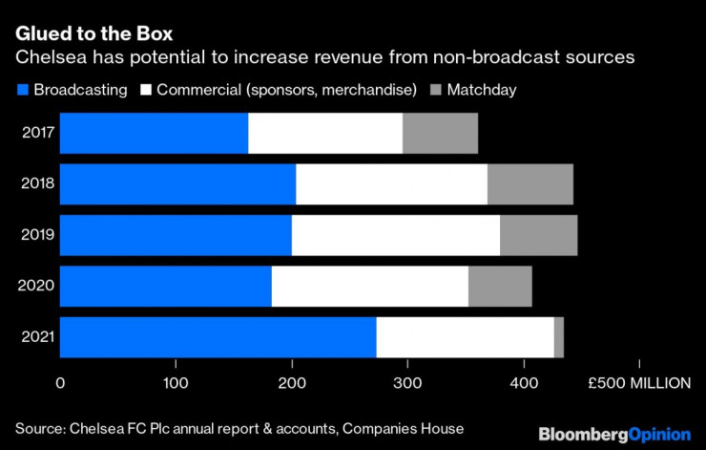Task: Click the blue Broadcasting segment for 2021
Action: pos(218,337)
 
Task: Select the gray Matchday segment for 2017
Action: pos(440,133)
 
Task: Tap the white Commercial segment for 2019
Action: pos(395,235)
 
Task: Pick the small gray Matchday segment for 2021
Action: pos(558,337)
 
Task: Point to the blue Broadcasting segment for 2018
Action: pos(177,183)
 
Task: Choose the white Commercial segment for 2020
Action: pos(369,286)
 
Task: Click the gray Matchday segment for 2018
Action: pos(529,183)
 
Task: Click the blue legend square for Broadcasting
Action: pos(23,90)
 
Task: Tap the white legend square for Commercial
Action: pos(147,90)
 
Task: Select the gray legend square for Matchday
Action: pos(436,90)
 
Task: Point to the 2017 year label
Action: pos(36,133)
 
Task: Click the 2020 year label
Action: pos(36,286)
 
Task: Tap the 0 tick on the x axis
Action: pos(60,383)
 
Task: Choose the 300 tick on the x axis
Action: pos(407,383)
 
